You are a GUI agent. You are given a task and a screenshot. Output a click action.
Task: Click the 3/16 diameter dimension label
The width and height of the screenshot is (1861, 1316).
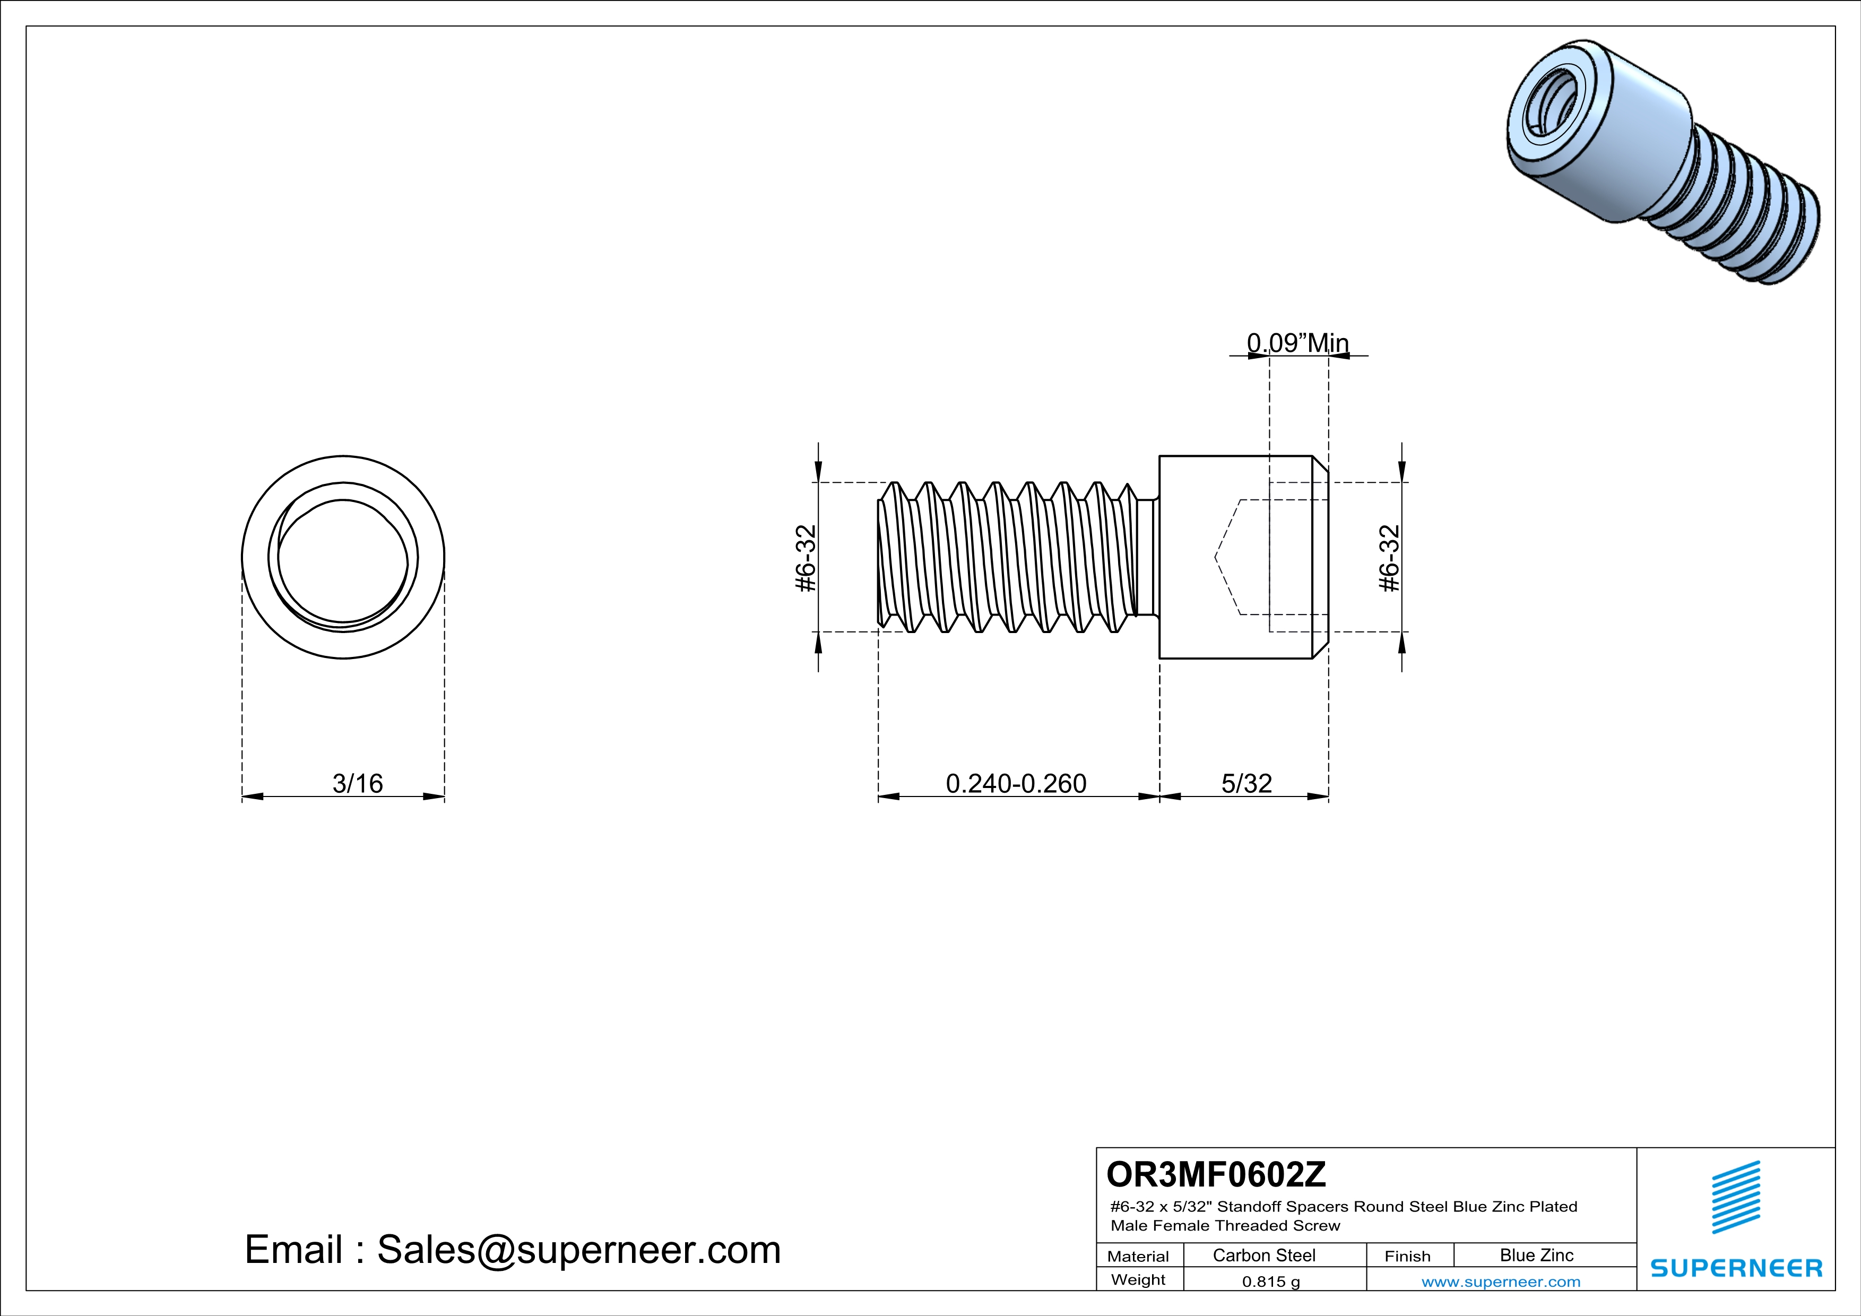pyautogui.click(x=358, y=784)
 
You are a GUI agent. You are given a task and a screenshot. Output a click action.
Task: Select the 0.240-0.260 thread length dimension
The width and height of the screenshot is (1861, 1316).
pyautogui.click(x=1016, y=784)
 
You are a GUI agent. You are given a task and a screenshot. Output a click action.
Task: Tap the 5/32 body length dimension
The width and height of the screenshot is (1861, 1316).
pyautogui.click(x=1246, y=784)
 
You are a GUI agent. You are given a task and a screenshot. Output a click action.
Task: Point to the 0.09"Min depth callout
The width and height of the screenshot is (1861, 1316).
pyautogui.click(x=1297, y=343)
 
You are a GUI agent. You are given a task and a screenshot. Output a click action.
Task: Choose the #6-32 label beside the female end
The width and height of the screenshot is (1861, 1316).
pyautogui.click(x=1389, y=558)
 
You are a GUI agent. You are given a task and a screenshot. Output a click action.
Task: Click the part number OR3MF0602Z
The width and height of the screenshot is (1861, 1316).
pyautogui.click(x=1216, y=1174)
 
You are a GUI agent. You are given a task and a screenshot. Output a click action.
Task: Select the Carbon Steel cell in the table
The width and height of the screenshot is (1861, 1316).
pyautogui.click(x=1263, y=1255)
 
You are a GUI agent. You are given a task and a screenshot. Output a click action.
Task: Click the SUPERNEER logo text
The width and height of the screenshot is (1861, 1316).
pyautogui.click(x=1736, y=1268)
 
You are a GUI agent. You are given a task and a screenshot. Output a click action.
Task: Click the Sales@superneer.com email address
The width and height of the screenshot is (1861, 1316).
pyautogui.click(x=579, y=1250)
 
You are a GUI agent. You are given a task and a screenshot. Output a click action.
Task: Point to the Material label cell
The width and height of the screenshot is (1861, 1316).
pyautogui.click(x=1138, y=1256)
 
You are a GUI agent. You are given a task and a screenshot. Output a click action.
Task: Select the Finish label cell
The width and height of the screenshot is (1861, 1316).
pyautogui.click(x=1407, y=1256)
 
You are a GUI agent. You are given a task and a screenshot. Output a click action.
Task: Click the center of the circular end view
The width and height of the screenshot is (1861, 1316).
pyautogui.click(x=343, y=558)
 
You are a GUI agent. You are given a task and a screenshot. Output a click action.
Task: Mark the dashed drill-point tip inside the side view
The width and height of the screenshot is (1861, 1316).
pyautogui.click(x=1216, y=558)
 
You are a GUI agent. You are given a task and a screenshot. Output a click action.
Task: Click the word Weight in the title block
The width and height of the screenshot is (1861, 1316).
pyautogui.click(x=1138, y=1279)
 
